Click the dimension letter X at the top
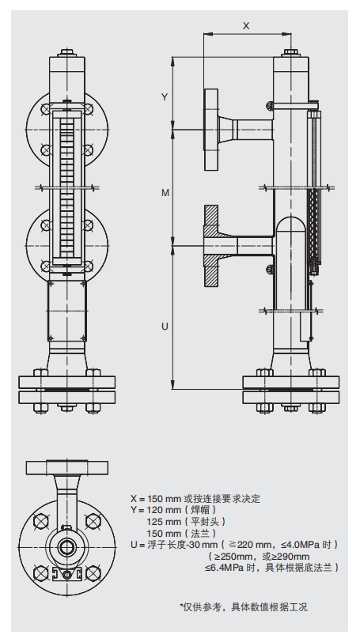click(246, 25)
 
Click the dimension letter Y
click(165, 96)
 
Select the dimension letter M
click(165, 192)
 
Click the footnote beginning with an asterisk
click(243, 606)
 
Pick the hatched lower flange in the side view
click(212, 247)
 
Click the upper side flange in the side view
click(211, 130)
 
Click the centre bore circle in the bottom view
click(66, 546)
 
